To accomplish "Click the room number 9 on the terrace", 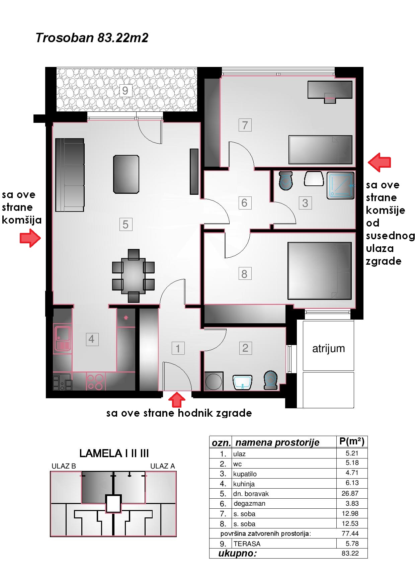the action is (x=125, y=91).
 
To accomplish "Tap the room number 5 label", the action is (x=126, y=225).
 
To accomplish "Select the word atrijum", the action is (x=328, y=349).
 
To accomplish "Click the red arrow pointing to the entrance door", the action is (x=177, y=400).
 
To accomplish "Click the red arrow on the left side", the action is (x=30, y=238).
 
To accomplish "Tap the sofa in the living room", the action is (x=70, y=175).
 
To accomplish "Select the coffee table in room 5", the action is (x=126, y=174).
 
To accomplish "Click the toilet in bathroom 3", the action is (x=286, y=181).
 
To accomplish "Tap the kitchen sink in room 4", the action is (x=62, y=339).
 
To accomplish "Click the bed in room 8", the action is (x=320, y=271).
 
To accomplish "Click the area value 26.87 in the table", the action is (x=350, y=493).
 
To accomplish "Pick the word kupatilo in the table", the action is (x=245, y=474).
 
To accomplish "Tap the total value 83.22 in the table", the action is (x=350, y=553).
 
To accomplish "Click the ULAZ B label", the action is (x=64, y=466).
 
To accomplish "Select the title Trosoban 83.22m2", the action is (x=92, y=38).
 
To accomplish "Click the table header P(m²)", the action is (x=352, y=441).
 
